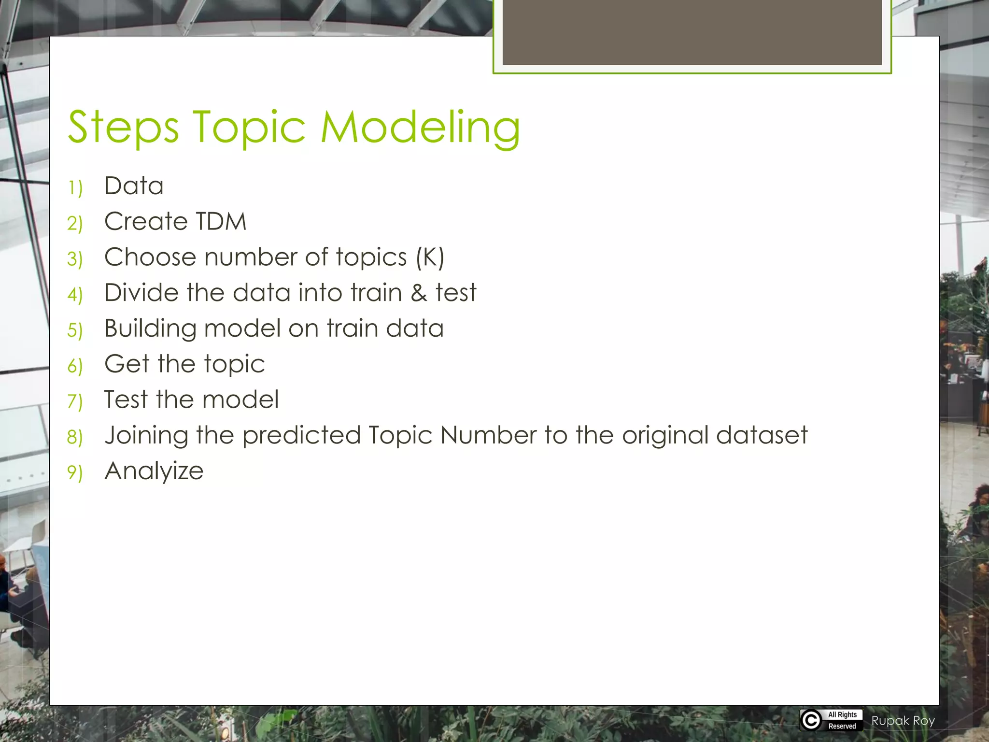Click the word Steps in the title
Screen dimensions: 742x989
tap(123, 128)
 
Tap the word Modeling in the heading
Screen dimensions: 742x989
tap(420, 128)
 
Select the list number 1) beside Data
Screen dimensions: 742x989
tap(75, 187)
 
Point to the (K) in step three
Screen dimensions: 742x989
tap(430, 257)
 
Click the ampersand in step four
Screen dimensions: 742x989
tap(419, 293)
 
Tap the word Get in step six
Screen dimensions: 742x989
tap(127, 364)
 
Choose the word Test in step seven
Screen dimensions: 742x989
tap(126, 400)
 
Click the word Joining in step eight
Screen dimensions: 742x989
tap(146, 436)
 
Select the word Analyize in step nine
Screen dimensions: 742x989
tap(154, 471)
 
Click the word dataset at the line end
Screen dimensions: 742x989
tap(762, 435)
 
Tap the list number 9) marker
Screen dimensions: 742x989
tap(75, 472)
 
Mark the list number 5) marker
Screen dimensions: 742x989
tap(75, 330)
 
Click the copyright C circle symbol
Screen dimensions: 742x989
tap(811, 720)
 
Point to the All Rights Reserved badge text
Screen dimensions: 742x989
tap(842, 720)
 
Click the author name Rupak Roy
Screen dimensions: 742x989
tap(903, 721)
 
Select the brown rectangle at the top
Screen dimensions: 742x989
tap(692, 32)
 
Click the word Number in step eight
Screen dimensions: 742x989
tap(488, 435)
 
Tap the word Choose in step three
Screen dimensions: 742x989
tap(150, 257)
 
